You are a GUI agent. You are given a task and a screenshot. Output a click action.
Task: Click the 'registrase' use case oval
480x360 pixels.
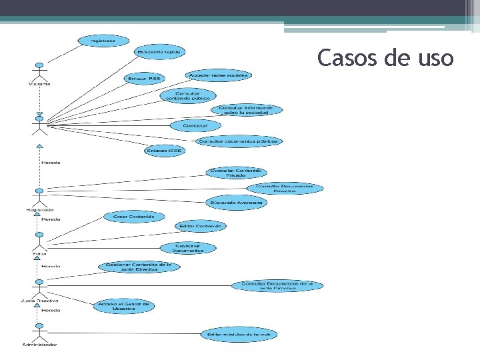coord(99,41)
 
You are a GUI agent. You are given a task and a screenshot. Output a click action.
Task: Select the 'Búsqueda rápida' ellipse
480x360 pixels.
coord(159,51)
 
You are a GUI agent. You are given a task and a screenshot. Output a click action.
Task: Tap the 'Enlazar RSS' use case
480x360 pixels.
coord(143,79)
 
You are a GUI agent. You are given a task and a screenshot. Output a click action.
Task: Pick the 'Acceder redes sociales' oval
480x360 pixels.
coord(218,75)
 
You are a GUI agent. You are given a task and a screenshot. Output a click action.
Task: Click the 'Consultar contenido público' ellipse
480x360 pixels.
coord(188,95)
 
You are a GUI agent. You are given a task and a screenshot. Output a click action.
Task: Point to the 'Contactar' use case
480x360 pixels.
coord(195,125)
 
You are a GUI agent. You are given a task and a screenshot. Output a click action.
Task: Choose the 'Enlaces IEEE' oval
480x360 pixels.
coord(165,151)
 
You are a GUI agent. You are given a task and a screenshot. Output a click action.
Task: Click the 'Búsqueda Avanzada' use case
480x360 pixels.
coord(237,202)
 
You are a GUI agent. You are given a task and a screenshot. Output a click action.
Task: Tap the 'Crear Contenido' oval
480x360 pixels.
coord(133,217)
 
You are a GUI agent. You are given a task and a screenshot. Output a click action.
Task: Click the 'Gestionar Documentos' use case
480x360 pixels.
coord(189,248)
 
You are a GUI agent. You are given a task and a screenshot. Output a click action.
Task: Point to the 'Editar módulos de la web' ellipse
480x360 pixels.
coord(239,333)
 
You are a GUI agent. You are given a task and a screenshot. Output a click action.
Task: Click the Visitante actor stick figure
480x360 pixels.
coord(39,71)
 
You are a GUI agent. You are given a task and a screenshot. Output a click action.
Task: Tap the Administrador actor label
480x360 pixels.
coord(39,345)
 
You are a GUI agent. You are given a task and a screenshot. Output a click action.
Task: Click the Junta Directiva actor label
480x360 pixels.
coord(39,301)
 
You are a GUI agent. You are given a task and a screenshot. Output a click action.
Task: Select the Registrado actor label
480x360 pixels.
coord(39,210)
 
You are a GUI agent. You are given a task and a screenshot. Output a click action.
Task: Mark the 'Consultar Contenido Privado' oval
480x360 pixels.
coord(236,173)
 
